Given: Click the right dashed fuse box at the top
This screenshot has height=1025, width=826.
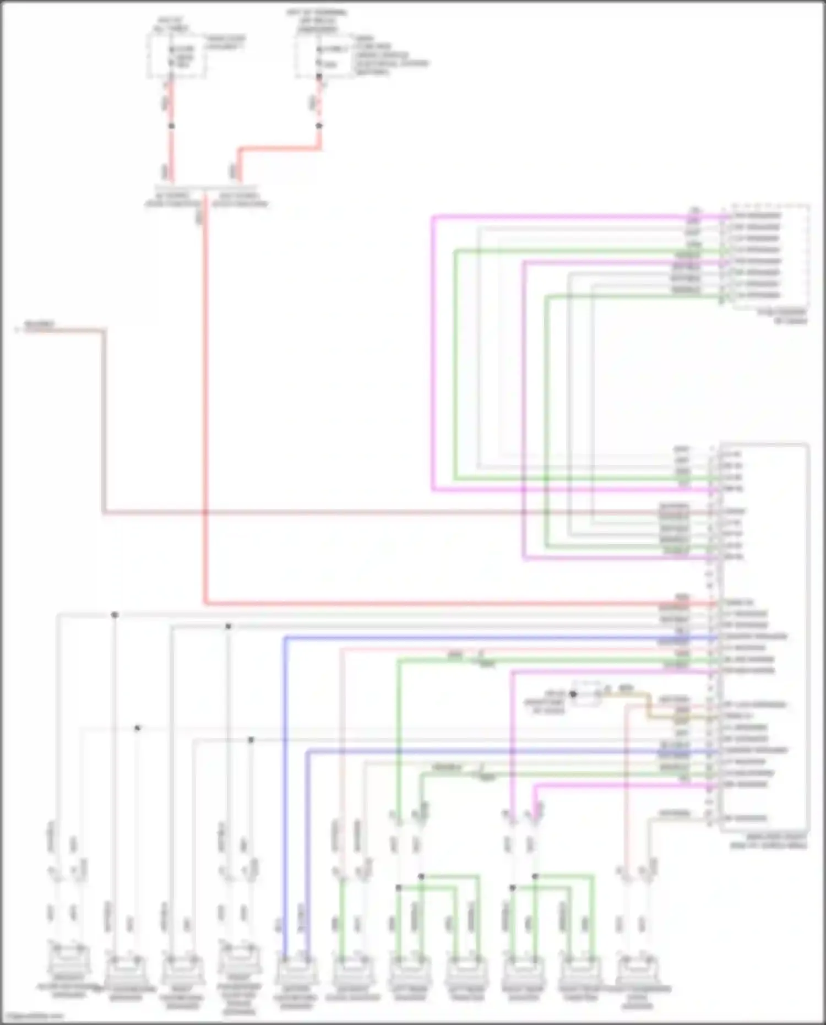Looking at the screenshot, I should click(x=324, y=57).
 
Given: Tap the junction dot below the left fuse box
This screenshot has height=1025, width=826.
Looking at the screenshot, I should click(x=171, y=126).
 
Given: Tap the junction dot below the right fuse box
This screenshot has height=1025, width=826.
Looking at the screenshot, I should click(x=319, y=126).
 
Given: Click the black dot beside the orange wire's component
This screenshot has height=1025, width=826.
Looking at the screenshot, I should click(x=573, y=694).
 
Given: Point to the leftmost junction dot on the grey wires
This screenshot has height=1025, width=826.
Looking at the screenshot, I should click(x=115, y=615).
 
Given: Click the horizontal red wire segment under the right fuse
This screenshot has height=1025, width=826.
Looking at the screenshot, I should click(x=278, y=148).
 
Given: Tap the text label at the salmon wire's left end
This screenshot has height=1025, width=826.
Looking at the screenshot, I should click(x=39, y=325).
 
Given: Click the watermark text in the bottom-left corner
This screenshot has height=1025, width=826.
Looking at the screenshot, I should click(x=32, y=1017).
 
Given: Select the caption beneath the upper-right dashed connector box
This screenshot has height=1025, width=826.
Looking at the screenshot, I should click(x=782, y=316).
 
